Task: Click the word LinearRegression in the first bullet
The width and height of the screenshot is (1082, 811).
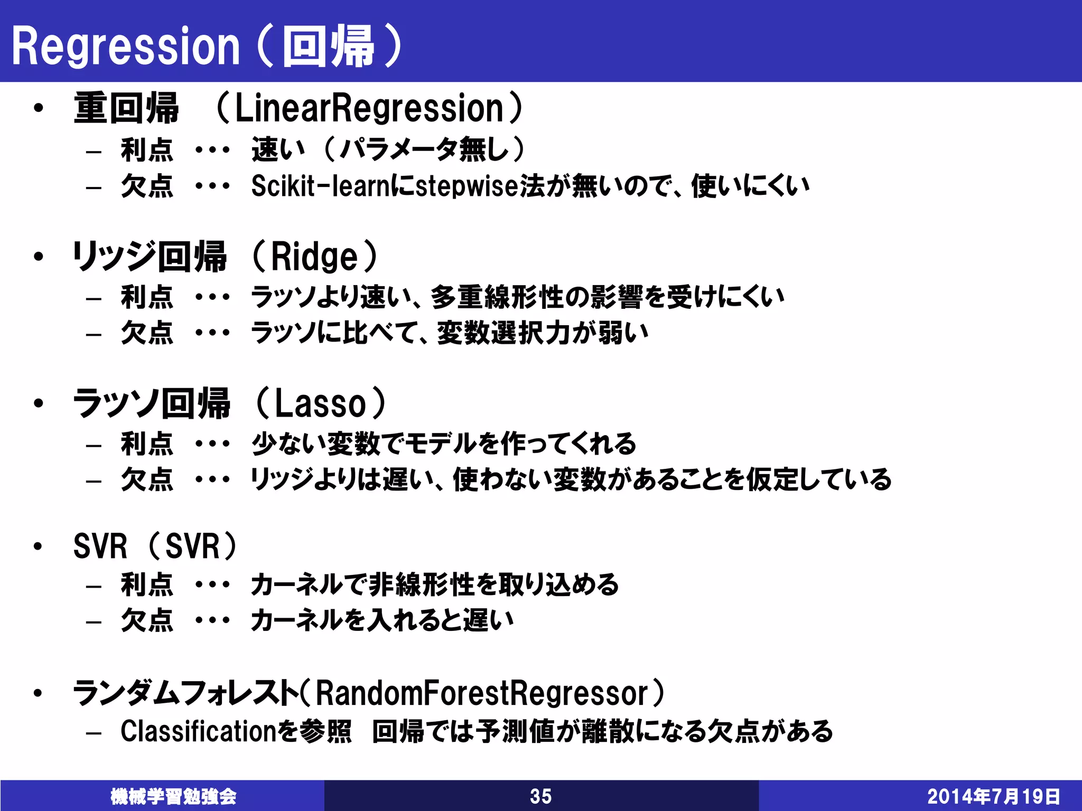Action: point(369,108)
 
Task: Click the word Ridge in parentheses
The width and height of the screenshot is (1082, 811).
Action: point(314,257)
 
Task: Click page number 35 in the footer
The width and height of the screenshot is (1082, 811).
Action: point(540,796)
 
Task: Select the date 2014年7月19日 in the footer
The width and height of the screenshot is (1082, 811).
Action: point(994,796)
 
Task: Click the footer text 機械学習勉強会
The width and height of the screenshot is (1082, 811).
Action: point(173,796)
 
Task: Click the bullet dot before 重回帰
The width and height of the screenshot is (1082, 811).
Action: point(38,108)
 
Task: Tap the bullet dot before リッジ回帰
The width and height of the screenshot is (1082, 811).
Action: point(38,257)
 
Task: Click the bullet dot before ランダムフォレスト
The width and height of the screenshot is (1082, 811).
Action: point(38,693)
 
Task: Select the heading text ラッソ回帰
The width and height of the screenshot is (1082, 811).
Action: point(151,404)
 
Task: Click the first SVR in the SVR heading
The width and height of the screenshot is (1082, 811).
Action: point(100,546)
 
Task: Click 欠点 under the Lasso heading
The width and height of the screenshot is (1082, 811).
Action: point(147,479)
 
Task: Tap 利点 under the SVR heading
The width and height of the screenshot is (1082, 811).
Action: point(147,584)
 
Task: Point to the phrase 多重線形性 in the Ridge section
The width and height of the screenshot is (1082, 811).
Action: point(497,297)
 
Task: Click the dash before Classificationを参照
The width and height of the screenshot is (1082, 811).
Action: point(94,733)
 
